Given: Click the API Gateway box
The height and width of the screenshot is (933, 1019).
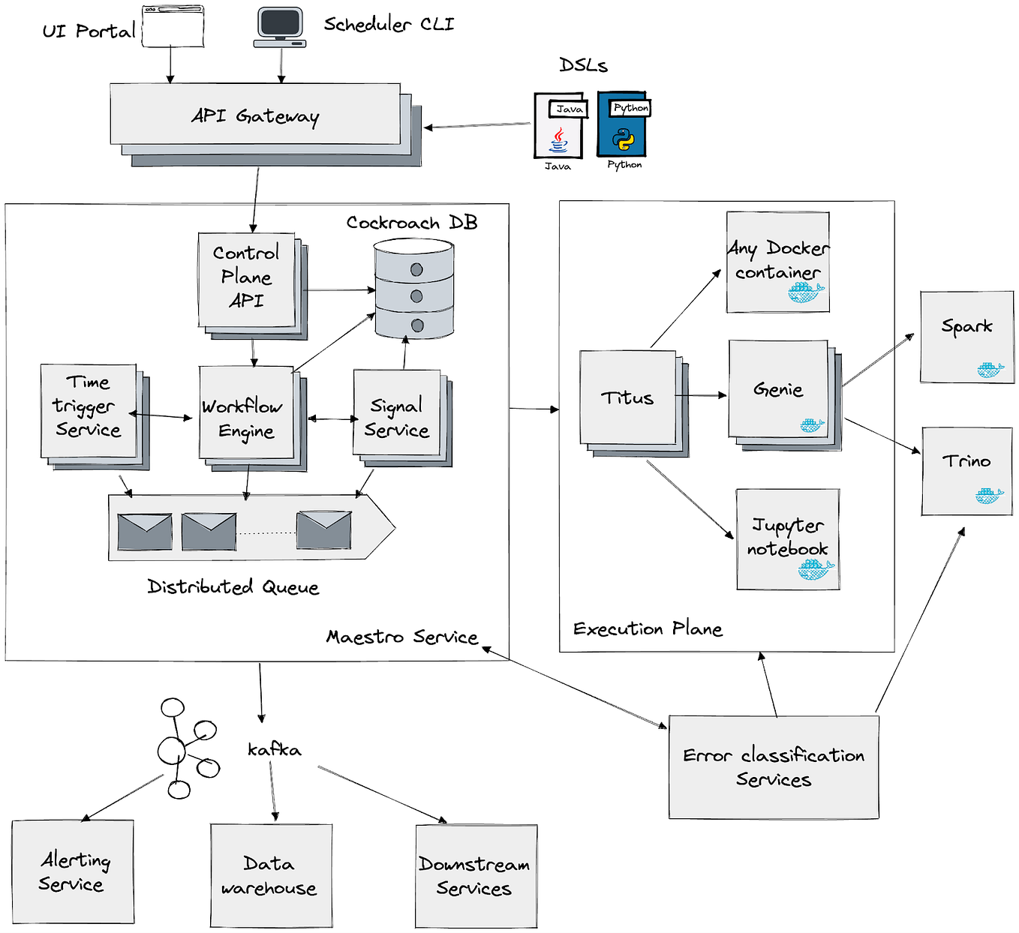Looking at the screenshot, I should click(x=255, y=114).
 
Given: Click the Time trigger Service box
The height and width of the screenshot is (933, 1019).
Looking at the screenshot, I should click(x=89, y=410).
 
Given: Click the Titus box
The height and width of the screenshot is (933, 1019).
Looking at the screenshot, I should click(x=628, y=397).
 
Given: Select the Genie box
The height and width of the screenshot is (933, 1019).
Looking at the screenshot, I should click(x=778, y=389).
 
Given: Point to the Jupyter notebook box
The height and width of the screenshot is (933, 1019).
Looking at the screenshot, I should click(x=788, y=538).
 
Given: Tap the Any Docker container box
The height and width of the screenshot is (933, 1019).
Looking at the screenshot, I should click(x=778, y=262).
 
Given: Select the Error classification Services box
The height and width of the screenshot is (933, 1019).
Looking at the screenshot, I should click(x=774, y=766).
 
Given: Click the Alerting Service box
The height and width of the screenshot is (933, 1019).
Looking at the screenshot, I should click(x=73, y=871).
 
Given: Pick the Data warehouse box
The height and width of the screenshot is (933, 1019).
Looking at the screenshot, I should click(x=271, y=875).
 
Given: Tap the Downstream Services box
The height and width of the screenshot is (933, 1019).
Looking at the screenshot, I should click(x=476, y=876).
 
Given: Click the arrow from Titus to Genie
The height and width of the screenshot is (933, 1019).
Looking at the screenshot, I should click(x=701, y=395).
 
